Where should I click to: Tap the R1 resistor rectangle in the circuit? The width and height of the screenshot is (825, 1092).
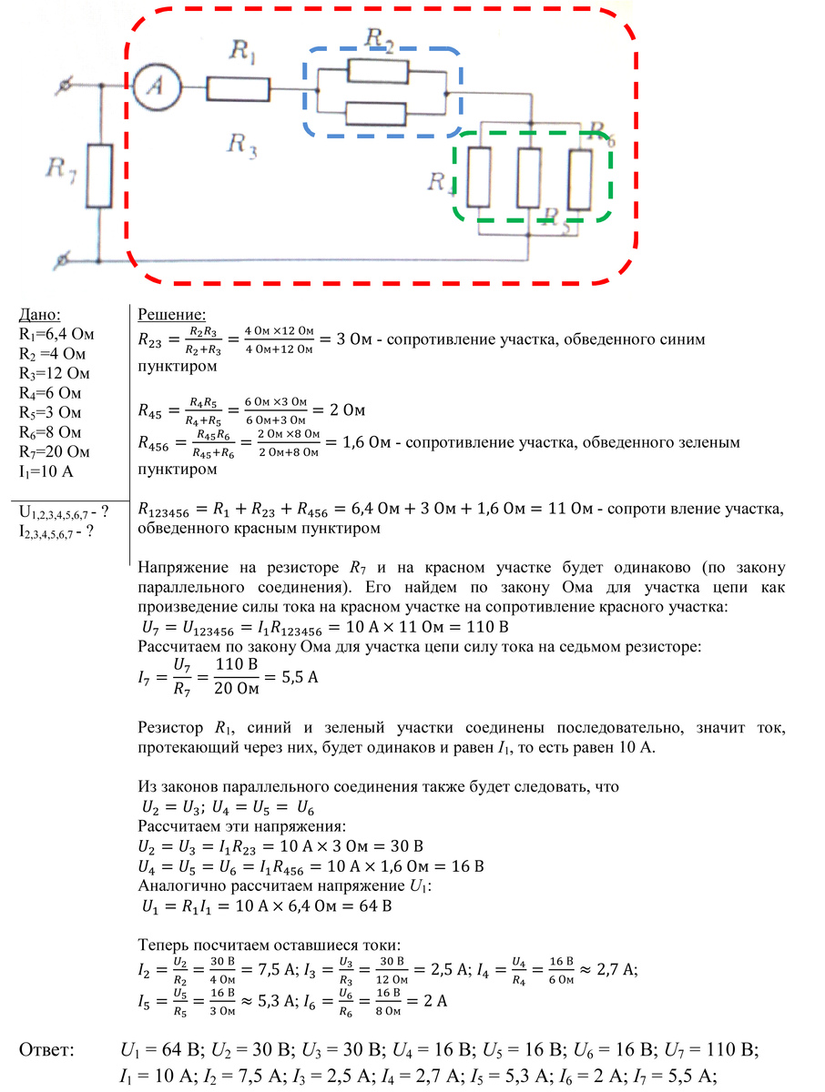pos(239,88)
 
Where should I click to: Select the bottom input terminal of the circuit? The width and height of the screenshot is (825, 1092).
pos(61,261)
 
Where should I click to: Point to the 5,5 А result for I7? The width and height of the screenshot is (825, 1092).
pos(296,678)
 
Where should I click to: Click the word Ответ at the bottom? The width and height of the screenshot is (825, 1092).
pos(47,1050)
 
